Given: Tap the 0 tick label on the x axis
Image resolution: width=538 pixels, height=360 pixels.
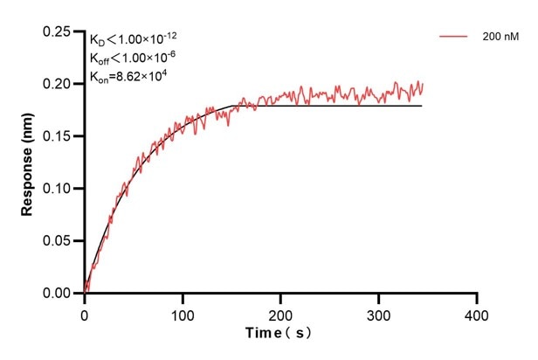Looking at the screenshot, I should tap(85, 313).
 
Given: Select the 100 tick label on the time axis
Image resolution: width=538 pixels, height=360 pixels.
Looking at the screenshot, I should tap(183, 313).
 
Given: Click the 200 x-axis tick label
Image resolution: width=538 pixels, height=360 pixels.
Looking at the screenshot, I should tap(280, 313).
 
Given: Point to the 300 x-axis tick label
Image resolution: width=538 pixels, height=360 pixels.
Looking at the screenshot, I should tap(378, 313).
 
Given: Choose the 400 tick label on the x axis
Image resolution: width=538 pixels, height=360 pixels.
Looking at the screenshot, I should tap(476, 313).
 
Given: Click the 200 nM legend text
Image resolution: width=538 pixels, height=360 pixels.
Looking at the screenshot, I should tap(500, 38).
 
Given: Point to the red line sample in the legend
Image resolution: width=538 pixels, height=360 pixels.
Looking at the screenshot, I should tap(453, 38).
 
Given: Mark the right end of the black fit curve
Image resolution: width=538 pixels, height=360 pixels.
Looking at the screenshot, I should tap(422, 106).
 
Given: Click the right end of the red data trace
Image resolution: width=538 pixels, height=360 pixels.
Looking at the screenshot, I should tap(423, 85).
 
